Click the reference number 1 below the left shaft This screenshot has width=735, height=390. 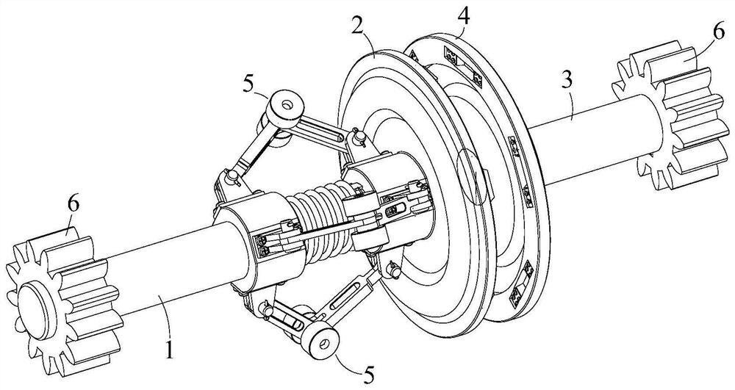coord(170,350)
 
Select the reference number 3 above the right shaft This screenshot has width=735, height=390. coord(567,81)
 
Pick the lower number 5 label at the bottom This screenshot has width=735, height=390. coord(368,375)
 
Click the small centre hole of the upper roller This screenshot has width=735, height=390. coord(285,103)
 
